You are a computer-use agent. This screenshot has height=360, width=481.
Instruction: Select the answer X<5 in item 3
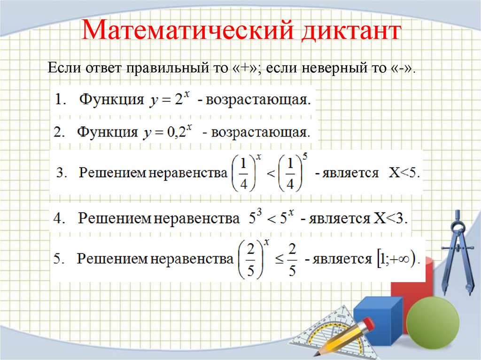click(x=404, y=173)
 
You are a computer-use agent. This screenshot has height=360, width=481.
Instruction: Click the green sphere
click(x=432, y=320)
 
